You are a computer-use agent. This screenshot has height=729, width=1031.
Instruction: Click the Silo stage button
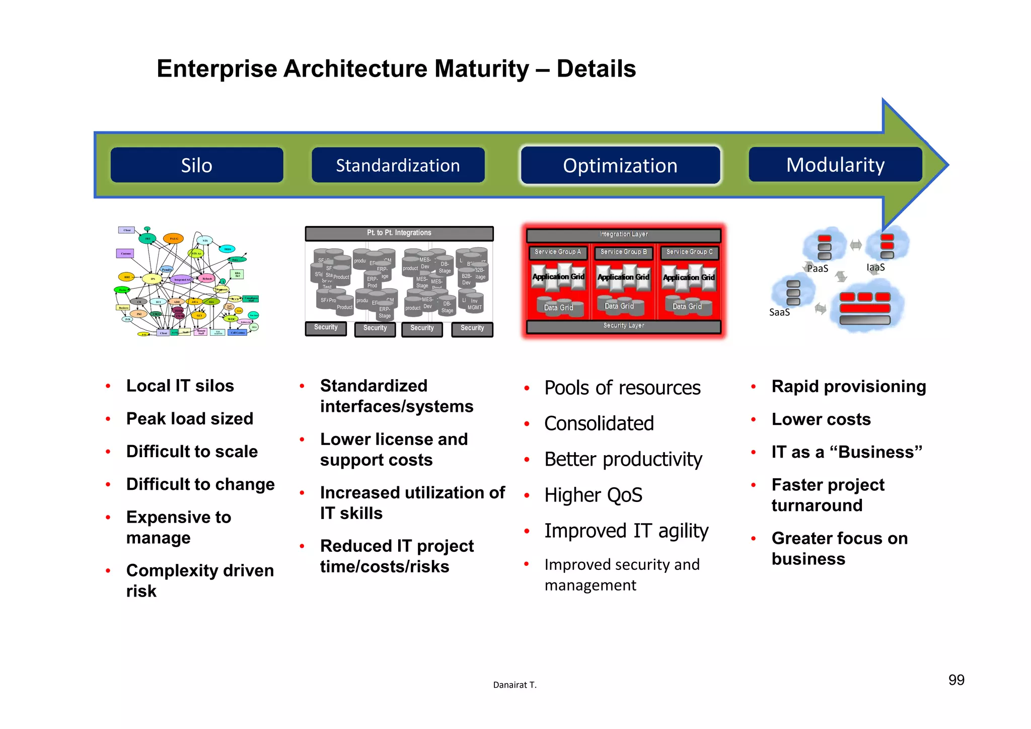(197, 165)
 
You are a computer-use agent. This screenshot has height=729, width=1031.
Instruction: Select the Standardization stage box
(398, 165)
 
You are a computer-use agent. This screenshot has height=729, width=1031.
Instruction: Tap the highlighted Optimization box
(620, 166)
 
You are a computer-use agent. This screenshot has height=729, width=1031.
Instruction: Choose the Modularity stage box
(835, 165)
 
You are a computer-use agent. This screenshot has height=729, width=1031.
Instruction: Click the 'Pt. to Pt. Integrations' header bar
(399, 233)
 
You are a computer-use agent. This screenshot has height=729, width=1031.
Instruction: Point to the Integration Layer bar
(623, 235)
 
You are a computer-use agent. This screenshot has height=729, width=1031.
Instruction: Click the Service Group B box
(623, 252)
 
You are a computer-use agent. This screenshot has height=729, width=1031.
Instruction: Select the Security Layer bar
(623, 326)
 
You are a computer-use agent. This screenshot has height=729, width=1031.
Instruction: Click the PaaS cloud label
(818, 269)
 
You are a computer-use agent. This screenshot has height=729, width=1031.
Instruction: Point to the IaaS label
(875, 267)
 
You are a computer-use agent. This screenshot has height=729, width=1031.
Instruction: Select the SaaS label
(779, 313)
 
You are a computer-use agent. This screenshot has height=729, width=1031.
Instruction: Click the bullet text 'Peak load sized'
(190, 419)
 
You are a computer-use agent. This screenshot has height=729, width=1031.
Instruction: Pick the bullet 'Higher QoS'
(593, 495)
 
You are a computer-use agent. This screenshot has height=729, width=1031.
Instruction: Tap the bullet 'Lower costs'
(821, 419)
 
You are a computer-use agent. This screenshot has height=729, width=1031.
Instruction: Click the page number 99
(956, 680)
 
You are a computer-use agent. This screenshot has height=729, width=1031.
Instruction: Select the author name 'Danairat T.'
(514, 685)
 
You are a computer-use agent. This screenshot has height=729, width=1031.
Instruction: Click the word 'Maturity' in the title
(481, 69)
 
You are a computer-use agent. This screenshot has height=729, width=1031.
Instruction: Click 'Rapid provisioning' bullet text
(849, 387)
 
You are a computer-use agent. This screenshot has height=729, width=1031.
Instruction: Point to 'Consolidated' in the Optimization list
(599, 424)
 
